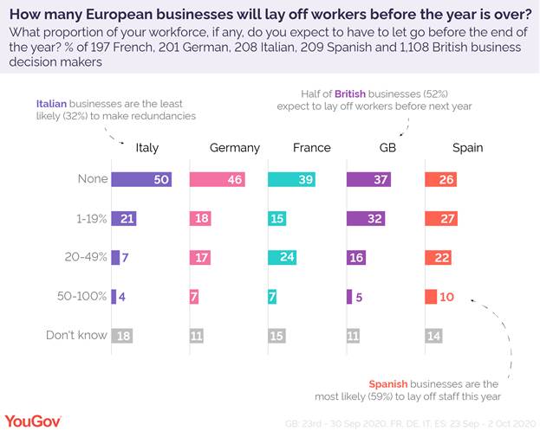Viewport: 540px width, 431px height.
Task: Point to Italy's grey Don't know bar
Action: (x=122, y=336)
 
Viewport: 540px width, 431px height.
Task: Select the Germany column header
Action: (x=234, y=148)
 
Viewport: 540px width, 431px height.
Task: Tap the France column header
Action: (x=312, y=148)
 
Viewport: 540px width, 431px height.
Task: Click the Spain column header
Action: (x=467, y=148)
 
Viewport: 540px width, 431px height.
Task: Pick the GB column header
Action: (x=388, y=148)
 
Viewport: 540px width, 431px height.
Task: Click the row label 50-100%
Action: (x=82, y=297)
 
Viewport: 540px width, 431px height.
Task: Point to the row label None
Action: (x=92, y=179)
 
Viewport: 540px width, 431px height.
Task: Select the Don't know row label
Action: (x=77, y=336)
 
